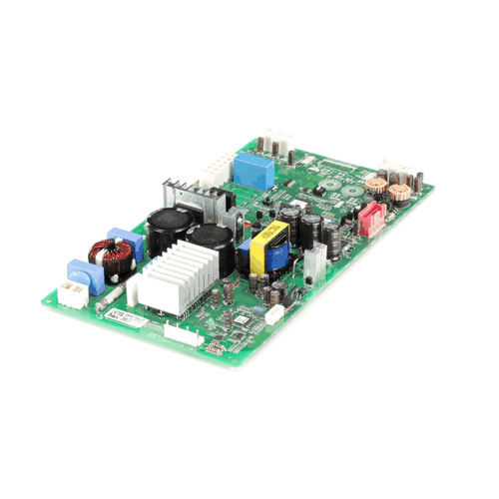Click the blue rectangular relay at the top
(x=253, y=171)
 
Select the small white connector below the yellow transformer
(x=273, y=312)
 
